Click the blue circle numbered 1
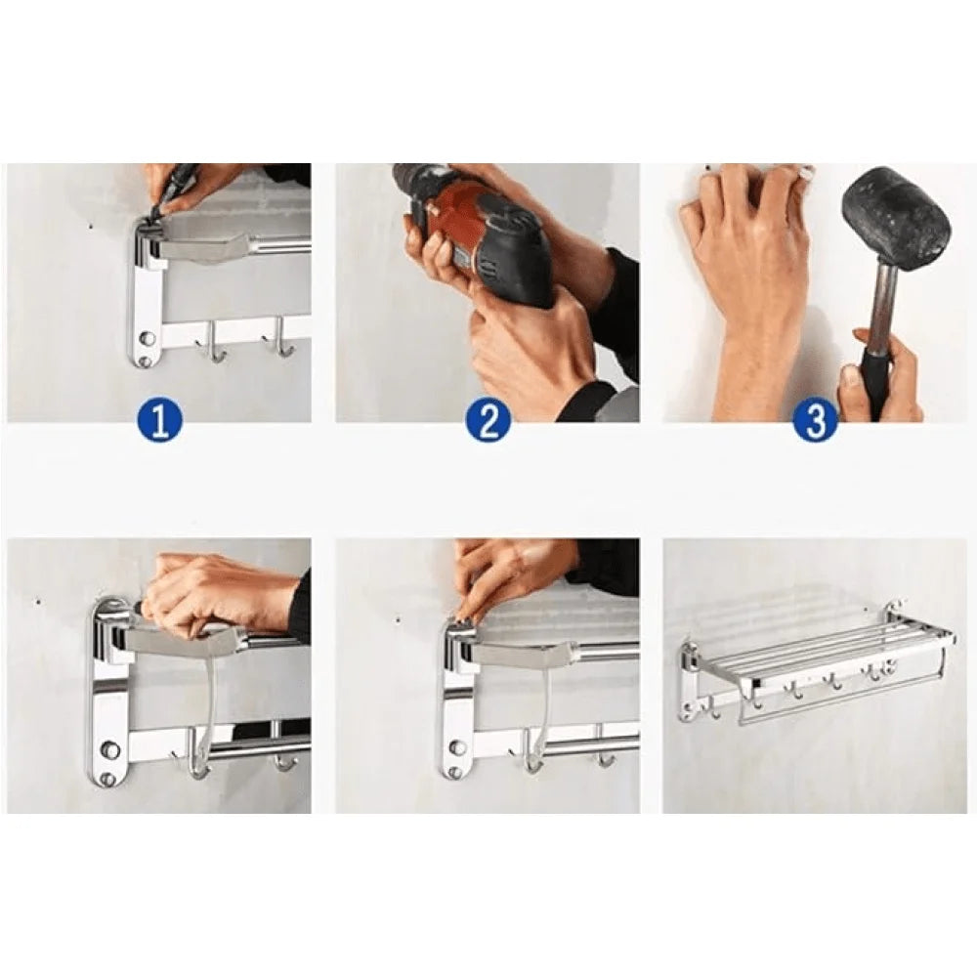(x=160, y=421)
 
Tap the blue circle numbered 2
(x=488, y=421)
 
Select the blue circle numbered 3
(x=815, y=421)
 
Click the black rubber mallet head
(x=897, y=216)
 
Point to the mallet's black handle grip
(x=876, y=376)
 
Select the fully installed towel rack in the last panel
(x=816, y=669)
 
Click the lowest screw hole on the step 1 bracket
(x=145, y=361)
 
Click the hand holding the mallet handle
(x=884, y=376)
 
